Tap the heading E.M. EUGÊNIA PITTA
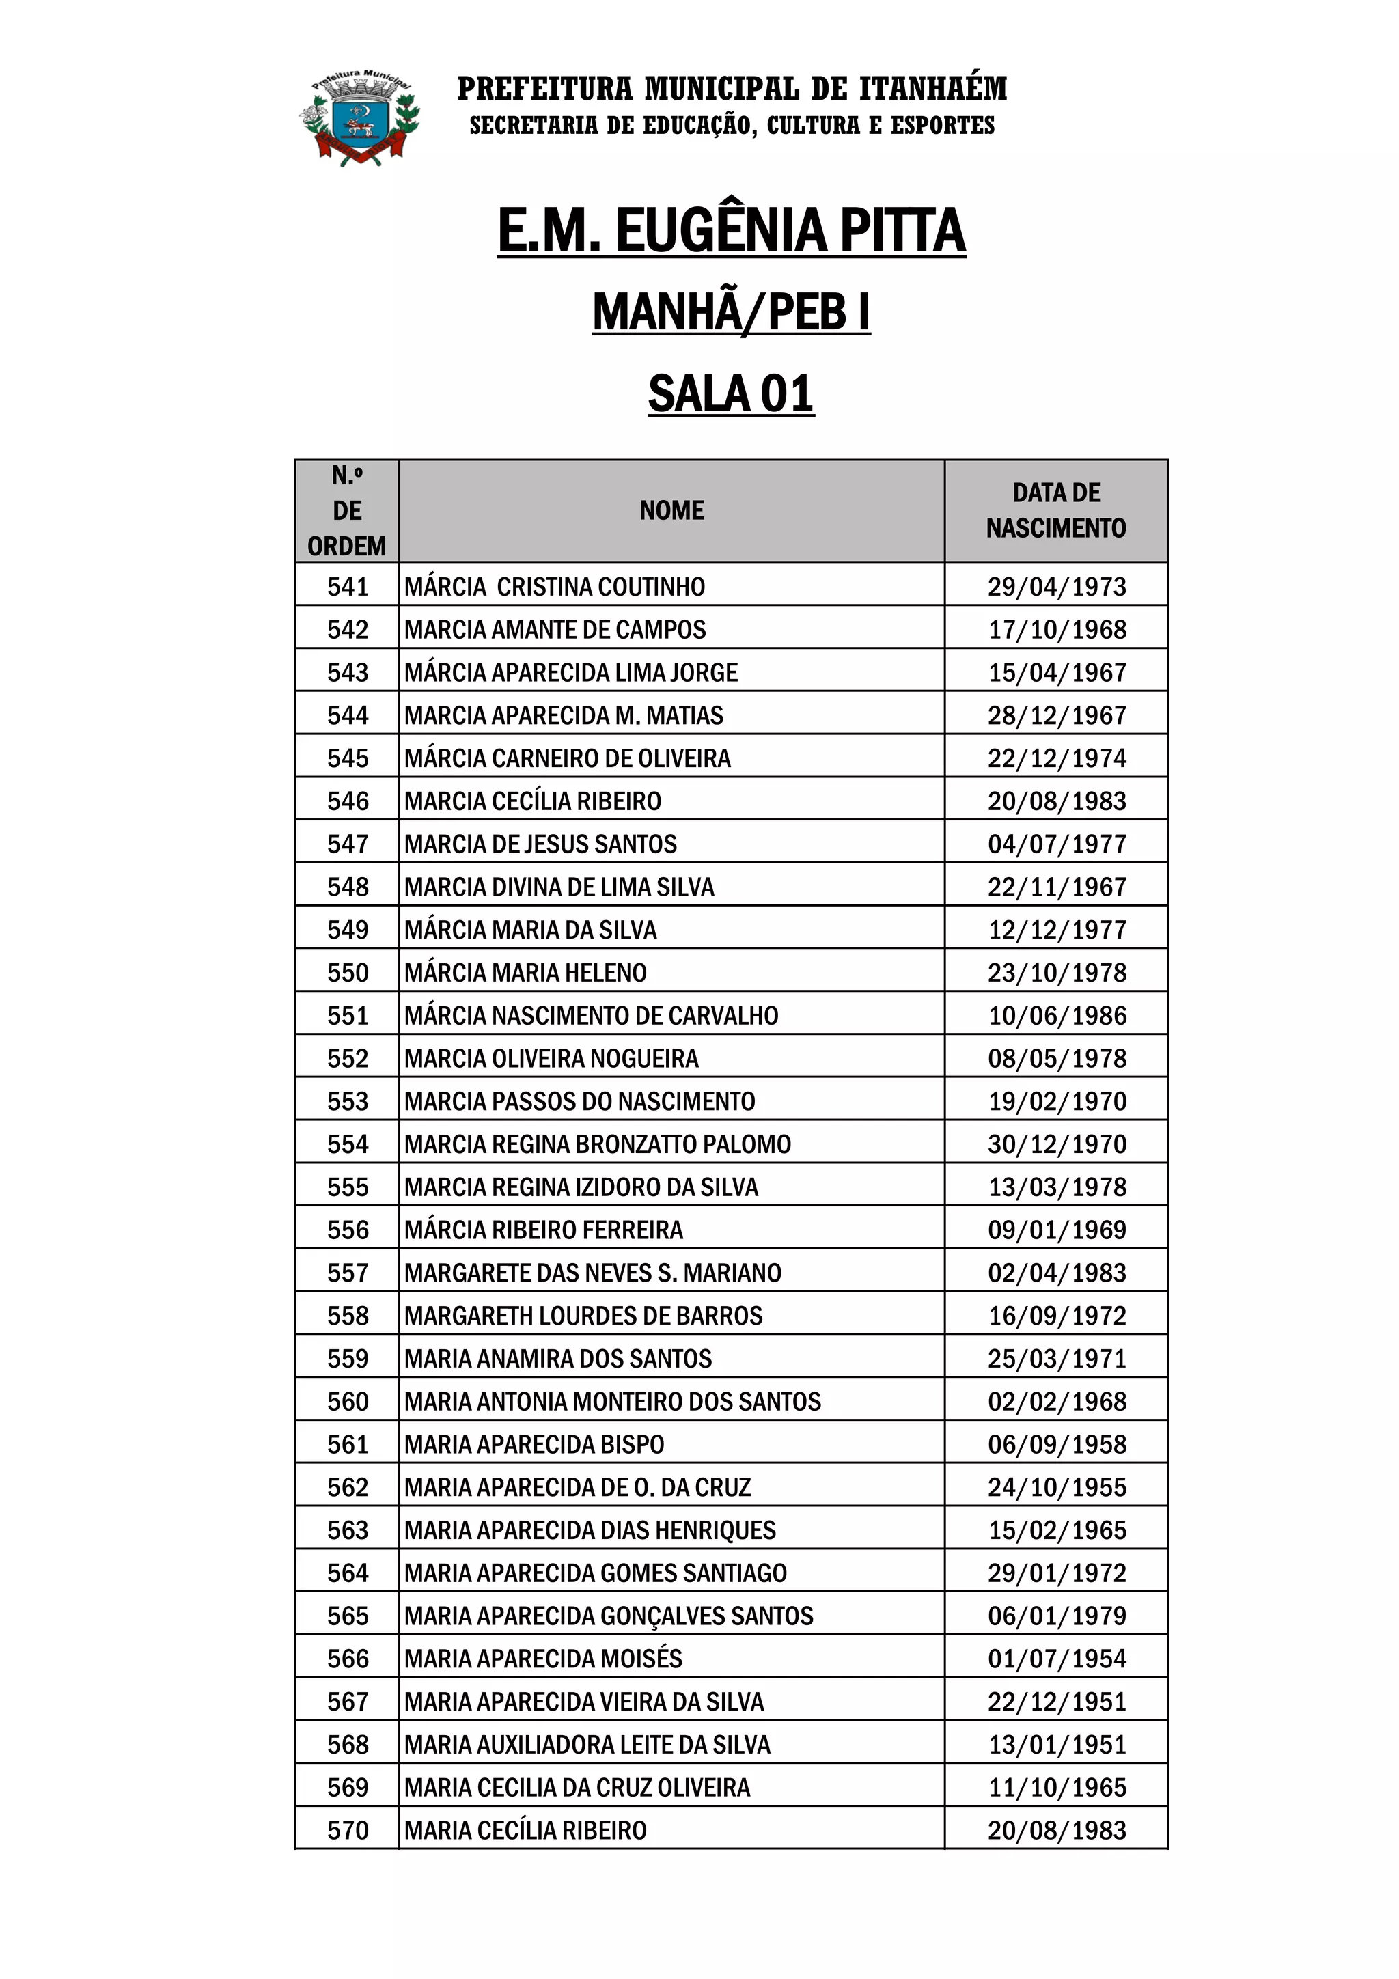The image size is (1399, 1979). tap(731, 231)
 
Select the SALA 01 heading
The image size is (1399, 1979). tap(731, 394)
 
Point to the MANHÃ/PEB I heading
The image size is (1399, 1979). tap(731, 312)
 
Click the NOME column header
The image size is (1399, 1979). tap(671, 510)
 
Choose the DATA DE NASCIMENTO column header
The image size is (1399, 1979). tap(1056, 510)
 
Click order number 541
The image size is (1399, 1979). tap(348, 586)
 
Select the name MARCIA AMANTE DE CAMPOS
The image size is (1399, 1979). tap(554, 629)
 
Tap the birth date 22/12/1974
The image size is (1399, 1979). tap(1057, 758)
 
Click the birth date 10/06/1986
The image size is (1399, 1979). tap(1057, 1015)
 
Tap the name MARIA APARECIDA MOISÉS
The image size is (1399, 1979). tap(543, 1659)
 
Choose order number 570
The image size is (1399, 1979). tap(348, 1830)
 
